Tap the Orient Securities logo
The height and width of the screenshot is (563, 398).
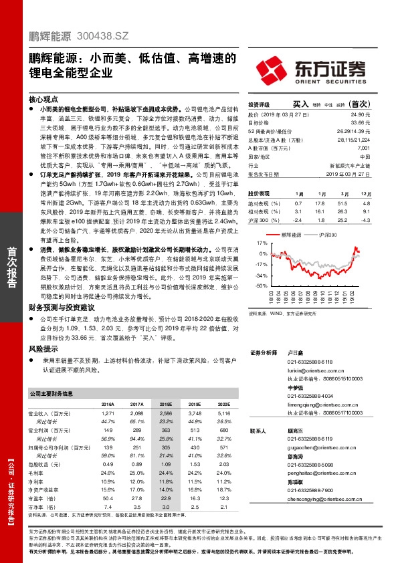point(323,69)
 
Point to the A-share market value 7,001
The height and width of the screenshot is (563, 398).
point(363,147)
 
